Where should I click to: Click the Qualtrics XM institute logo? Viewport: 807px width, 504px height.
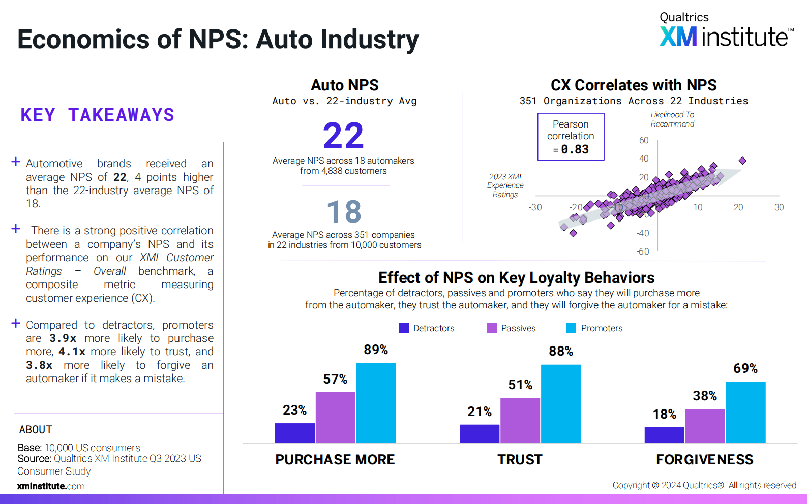[726, 30]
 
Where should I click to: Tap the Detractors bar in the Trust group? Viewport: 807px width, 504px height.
[479, 433]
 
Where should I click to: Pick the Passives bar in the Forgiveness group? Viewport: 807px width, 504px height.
[705, 426]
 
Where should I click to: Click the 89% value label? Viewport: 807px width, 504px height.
[376, 350]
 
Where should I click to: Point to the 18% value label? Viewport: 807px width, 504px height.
[664, 414]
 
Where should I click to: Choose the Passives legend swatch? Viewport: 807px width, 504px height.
[492, 328]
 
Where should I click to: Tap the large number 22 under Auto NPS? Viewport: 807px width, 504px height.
[344, 136]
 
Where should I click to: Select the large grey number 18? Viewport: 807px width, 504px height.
[344, 212]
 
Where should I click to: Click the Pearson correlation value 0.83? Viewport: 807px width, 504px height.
[575, 149]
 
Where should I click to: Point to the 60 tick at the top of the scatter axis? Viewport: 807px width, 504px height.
[644, 140]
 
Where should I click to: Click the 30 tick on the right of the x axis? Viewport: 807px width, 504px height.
[779, 207]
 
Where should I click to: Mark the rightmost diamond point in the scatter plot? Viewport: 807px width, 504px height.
[742, 161]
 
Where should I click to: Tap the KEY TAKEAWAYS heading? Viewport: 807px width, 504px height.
[97, 115]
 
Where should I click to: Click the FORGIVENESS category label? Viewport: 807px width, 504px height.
[704, 459]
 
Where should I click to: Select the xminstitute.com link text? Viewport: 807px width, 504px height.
[51, 486]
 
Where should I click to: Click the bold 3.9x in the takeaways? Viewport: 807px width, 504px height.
[63, 338]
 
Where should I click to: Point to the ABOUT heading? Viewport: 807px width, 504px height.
[36, 430]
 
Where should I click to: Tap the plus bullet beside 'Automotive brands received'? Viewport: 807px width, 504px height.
[16, 162]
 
